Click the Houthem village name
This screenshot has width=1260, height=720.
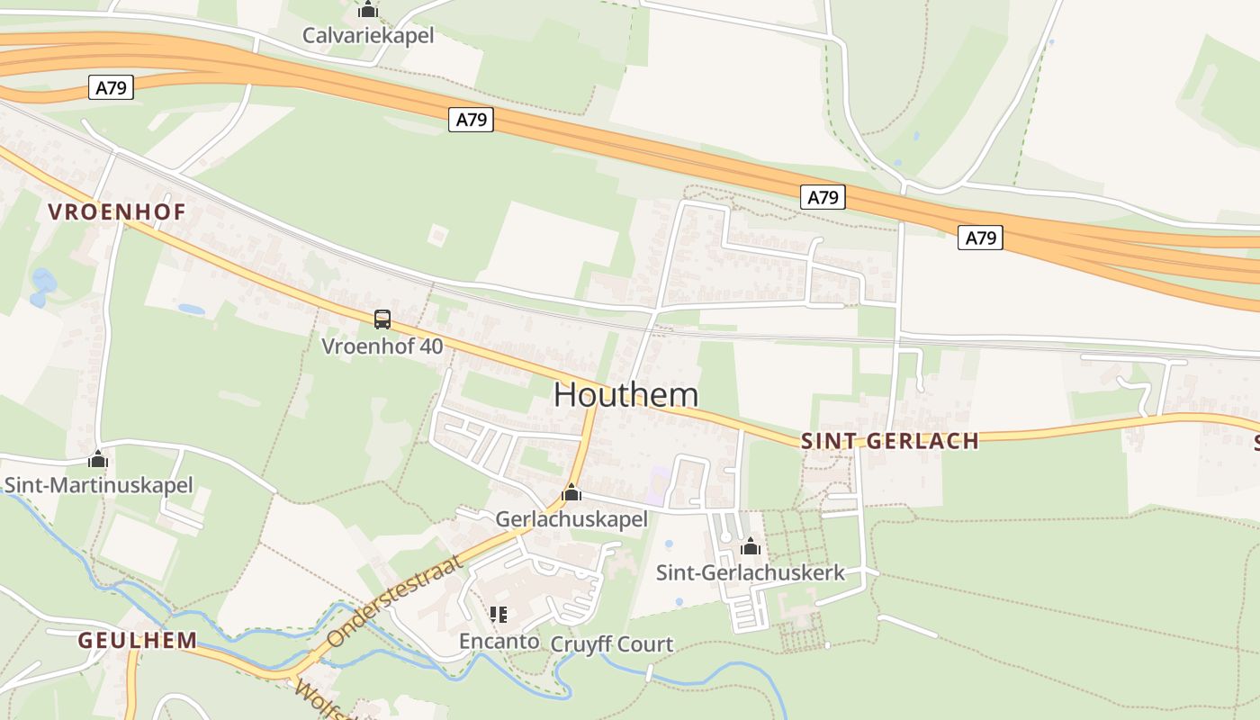(x=625, y=394)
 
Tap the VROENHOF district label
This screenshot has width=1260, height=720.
(x=117, y=212)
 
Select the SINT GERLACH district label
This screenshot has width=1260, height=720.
(x=889, y=441)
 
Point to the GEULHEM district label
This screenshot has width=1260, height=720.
(x=137, y=641)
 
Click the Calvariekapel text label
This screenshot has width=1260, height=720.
(x=367, y=36)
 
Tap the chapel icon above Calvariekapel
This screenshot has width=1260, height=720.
(x=367, y=10)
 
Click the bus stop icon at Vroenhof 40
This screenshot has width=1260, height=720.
(x=382, y=319)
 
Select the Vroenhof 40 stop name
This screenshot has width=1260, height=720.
(x=382, y=346)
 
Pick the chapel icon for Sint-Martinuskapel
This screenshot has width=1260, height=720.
(x=98, y=460)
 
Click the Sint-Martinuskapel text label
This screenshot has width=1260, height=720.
(x=98, y=486)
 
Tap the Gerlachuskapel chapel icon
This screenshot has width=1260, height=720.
(x=571, y=493)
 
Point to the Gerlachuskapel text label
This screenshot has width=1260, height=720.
(x=571, y=519)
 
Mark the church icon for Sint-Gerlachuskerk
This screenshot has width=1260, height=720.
(x=750, y=546)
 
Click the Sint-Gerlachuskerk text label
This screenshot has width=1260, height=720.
(x=750, y=572)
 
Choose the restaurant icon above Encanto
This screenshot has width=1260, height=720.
(x=499, y=615)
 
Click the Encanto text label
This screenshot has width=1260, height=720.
(x=499, y=641)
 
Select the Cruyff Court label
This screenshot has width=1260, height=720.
(x=611, y=644)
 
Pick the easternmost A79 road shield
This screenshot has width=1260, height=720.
(x=980, y=238)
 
